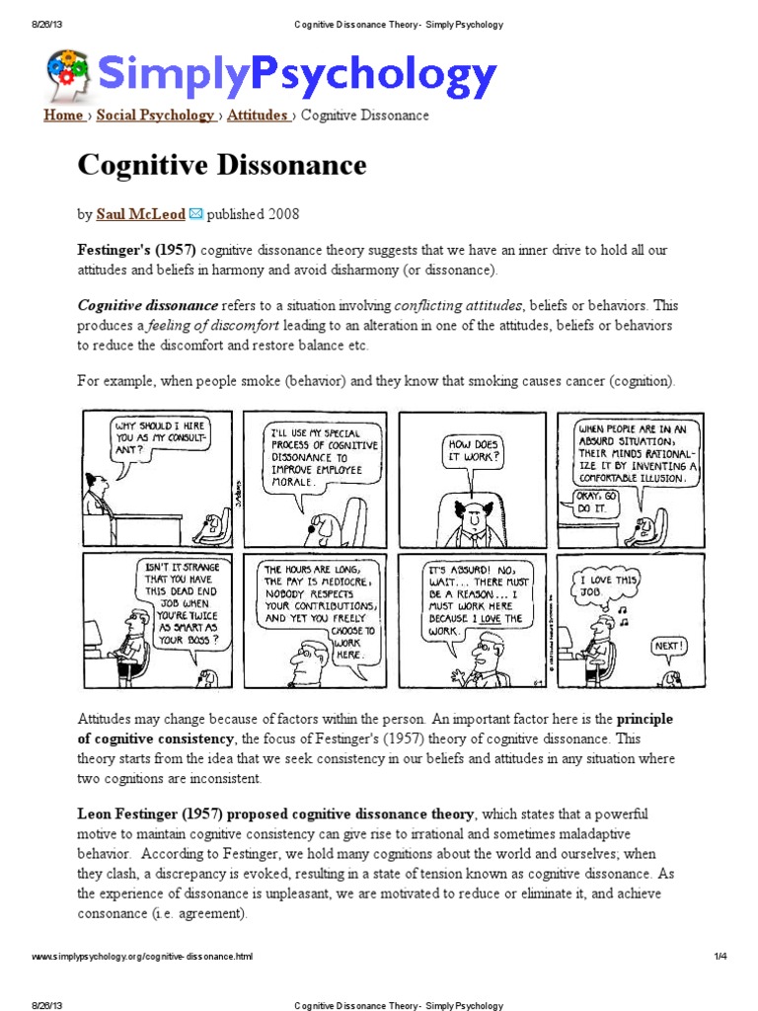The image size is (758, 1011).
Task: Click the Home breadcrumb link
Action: (x=63, y=116)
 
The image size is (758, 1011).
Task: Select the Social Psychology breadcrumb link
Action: (x=156, y=116)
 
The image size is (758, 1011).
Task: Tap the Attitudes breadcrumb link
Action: (x=257, y=116)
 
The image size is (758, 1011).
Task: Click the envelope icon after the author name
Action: (x=195, y=213)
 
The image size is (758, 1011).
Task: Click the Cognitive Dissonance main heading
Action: (x=222, y=165)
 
